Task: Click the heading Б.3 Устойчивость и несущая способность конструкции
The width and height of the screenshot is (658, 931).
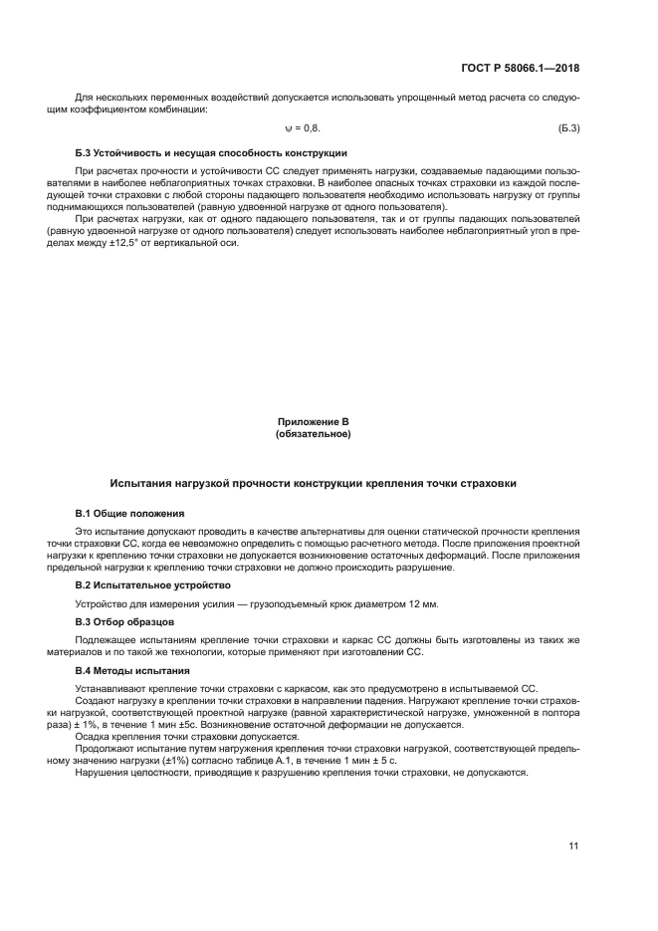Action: [211, 153]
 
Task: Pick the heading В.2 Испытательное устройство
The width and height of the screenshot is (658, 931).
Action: [152, 584]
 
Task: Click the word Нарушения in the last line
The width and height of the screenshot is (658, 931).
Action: [103, 774]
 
